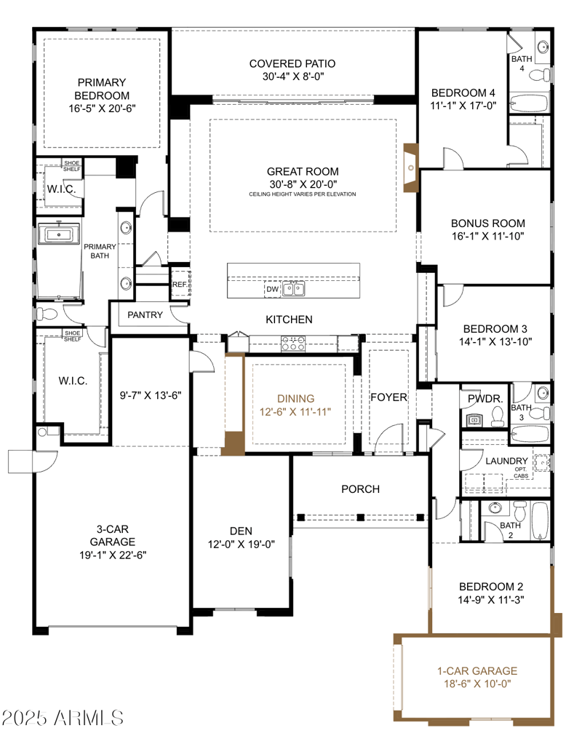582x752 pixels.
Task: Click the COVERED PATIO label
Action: (x=292, y=64)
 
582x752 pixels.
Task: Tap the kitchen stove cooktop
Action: (x=293, y=344)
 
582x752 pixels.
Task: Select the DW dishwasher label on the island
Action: (x=272, y=289)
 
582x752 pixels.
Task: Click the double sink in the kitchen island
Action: (x=293, y=289)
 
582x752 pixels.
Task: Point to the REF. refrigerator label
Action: (x=180, y=285)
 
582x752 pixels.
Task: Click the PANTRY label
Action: (x=145, y=315)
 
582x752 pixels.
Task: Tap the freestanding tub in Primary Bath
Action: (x=59, y=234)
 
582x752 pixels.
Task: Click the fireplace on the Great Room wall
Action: (x=411, y=168)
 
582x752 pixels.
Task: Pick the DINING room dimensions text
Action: (x=295, y=412)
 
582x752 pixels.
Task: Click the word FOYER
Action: (x=388, y=397)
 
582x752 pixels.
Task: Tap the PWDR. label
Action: (x=485, y=399)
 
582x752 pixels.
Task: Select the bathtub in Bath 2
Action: (x=540, y=521)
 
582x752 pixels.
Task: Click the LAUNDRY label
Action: (x=506, y=462)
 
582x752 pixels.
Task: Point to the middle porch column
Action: (x=361, y=517)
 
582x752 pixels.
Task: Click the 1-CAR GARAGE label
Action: (x=477, y=671)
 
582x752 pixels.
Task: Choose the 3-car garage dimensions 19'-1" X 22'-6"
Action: (x=113, y=555)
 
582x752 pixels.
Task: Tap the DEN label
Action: (x=241, y=531)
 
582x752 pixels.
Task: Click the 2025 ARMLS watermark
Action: (x=63, y=718)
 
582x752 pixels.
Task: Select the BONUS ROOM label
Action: (x=487, y=223)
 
